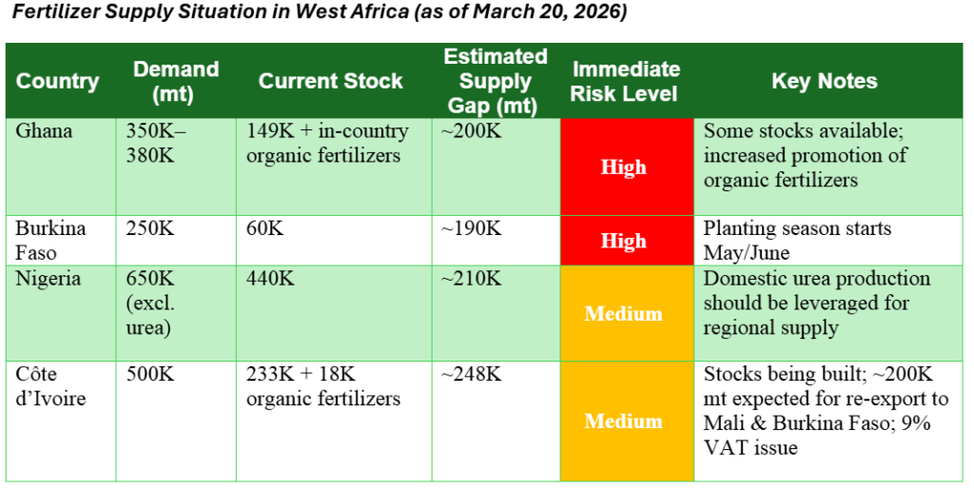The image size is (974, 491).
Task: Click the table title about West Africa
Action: point(320,11)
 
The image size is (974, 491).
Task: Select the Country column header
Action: point(58,82)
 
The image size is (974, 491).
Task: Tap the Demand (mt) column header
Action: point(176,82)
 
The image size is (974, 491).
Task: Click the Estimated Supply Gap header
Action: point(496,82)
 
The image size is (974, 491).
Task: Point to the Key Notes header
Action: point(825,82)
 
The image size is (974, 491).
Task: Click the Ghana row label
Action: point(44,131)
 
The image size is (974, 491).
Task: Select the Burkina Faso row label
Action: point(50,241)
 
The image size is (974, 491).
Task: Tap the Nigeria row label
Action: point(48,279)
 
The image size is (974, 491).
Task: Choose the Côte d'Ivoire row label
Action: point(50,386)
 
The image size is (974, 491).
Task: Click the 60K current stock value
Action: point(264,228)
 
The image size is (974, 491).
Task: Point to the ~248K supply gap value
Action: point(471,375)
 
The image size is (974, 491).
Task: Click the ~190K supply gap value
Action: point(471,228)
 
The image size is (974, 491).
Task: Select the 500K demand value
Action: point(150,375)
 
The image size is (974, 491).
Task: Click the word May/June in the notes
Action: point(746,253)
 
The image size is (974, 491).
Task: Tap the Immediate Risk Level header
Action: point(625,82)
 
